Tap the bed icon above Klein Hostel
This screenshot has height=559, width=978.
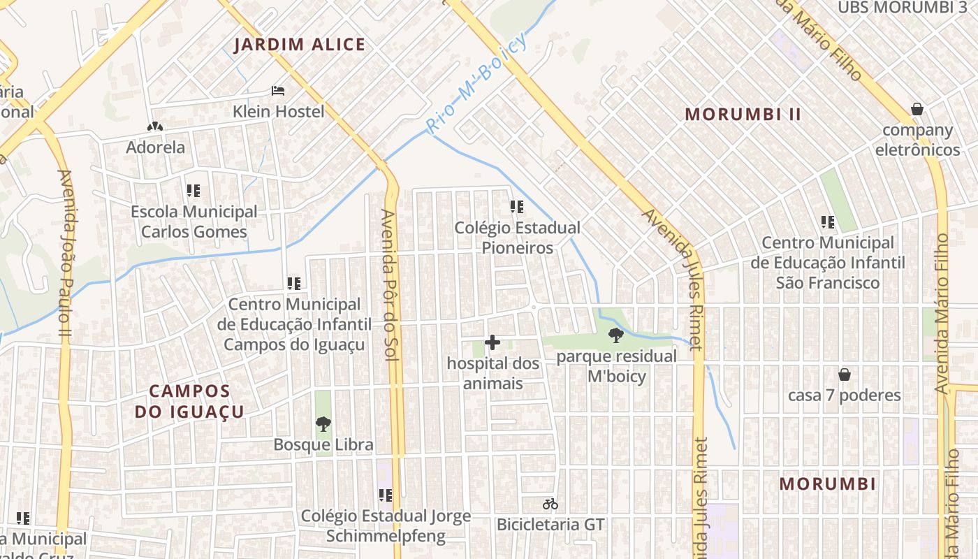pos(278,91)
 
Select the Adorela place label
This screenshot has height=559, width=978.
pos(155,147)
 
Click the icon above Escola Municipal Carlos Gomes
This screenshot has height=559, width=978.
pos(194,190)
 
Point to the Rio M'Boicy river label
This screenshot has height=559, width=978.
pos(477,85)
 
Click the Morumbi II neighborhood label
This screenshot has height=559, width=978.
pos(743,115)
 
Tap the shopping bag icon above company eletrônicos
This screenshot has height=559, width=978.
pos(917,109)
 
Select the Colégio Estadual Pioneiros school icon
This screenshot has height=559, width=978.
pos(516,207)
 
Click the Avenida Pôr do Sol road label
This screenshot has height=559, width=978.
pos(388,284)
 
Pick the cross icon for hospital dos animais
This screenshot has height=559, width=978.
pos(492,342)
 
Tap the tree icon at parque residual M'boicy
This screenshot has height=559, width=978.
pos(615,335)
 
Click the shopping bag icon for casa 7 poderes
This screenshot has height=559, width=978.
pos(844,375)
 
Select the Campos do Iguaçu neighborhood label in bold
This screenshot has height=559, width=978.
pos(189,401)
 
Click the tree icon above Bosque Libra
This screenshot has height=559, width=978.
pos(323,423)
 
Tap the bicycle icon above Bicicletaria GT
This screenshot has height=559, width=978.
pos(550,504)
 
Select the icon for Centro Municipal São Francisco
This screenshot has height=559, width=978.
pos(828,222)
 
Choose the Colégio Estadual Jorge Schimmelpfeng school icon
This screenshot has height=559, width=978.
pos(385,495)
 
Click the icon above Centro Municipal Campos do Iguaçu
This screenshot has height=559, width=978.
pos(294,284)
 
